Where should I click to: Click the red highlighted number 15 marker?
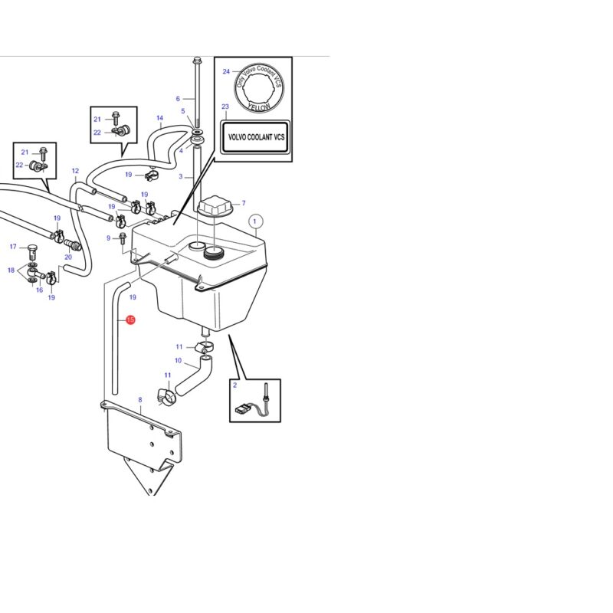tap(130, 320)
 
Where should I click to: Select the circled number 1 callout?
tap(255, 221)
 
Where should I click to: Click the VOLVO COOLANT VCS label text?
tap(256, 137)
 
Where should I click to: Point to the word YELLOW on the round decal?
tap(259, 107)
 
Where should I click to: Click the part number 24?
tap(226, 71)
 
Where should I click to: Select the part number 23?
tap(225, 107)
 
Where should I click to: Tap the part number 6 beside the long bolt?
tap(178, 99)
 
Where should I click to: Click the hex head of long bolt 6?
tap(197, 61)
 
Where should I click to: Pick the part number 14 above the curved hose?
tap(159, 118)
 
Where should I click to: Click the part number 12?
tap(75, 171)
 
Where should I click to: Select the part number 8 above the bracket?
tap(140, 399)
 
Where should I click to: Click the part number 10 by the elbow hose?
tap(179, 360)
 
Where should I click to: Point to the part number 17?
tap(13, 247)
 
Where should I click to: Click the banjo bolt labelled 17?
tap(33, 251)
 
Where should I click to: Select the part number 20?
tap(68, 257)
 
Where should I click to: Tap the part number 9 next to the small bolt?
tap(108, 238)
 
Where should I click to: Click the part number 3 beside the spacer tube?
tap(181, 176)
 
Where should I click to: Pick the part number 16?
tap(40, 290)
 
